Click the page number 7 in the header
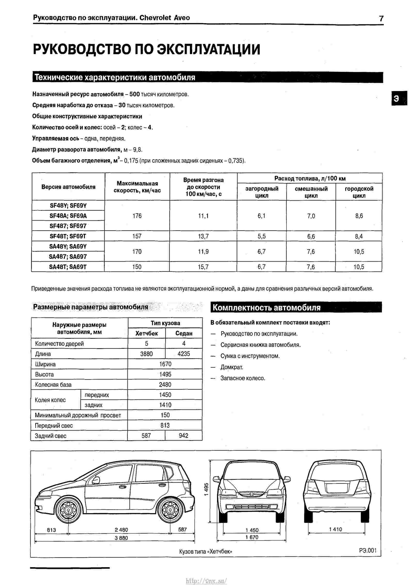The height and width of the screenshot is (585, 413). pyautogui.click(x=381, y=19)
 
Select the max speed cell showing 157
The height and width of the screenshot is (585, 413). pyautogui.click(x=137, y=236)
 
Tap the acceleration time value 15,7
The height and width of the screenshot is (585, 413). pyautogui.click(x=203, y=267)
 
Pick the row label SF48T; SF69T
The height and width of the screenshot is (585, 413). pyautogui.click(x=68, y=236)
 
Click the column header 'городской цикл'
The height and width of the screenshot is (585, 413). pyautogui.click(x=359, y=192)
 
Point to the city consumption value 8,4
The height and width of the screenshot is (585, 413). pyautogui.click(x=359, y=236)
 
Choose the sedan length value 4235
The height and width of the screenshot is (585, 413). pyautogui.click(x=184, y=354)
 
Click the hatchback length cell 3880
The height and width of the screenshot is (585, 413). pyautogui.click(x=146, y=354)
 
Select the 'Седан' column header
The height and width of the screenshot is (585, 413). pyautogui.click(x=184, y=333)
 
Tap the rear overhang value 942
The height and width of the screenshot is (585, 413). pyautogui.click(x=184, y=436)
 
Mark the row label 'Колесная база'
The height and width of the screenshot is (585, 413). pyautogui.click(x=53, y=385)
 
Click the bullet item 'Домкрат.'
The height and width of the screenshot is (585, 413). pyautogui.click(x=232, y=367)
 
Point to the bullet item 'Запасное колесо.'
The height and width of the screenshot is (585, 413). pyautogui.click(x=243, y=378)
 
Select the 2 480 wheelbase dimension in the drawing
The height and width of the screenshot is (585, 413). pyautogui.click(x=121, y=530)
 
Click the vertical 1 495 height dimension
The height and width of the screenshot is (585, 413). pyautogui.click(x=206, y=489)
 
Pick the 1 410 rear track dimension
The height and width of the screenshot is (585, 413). pyautogui.click(x=335, y=529)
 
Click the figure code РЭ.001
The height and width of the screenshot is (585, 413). pyautogui.click(x=368, y=550)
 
